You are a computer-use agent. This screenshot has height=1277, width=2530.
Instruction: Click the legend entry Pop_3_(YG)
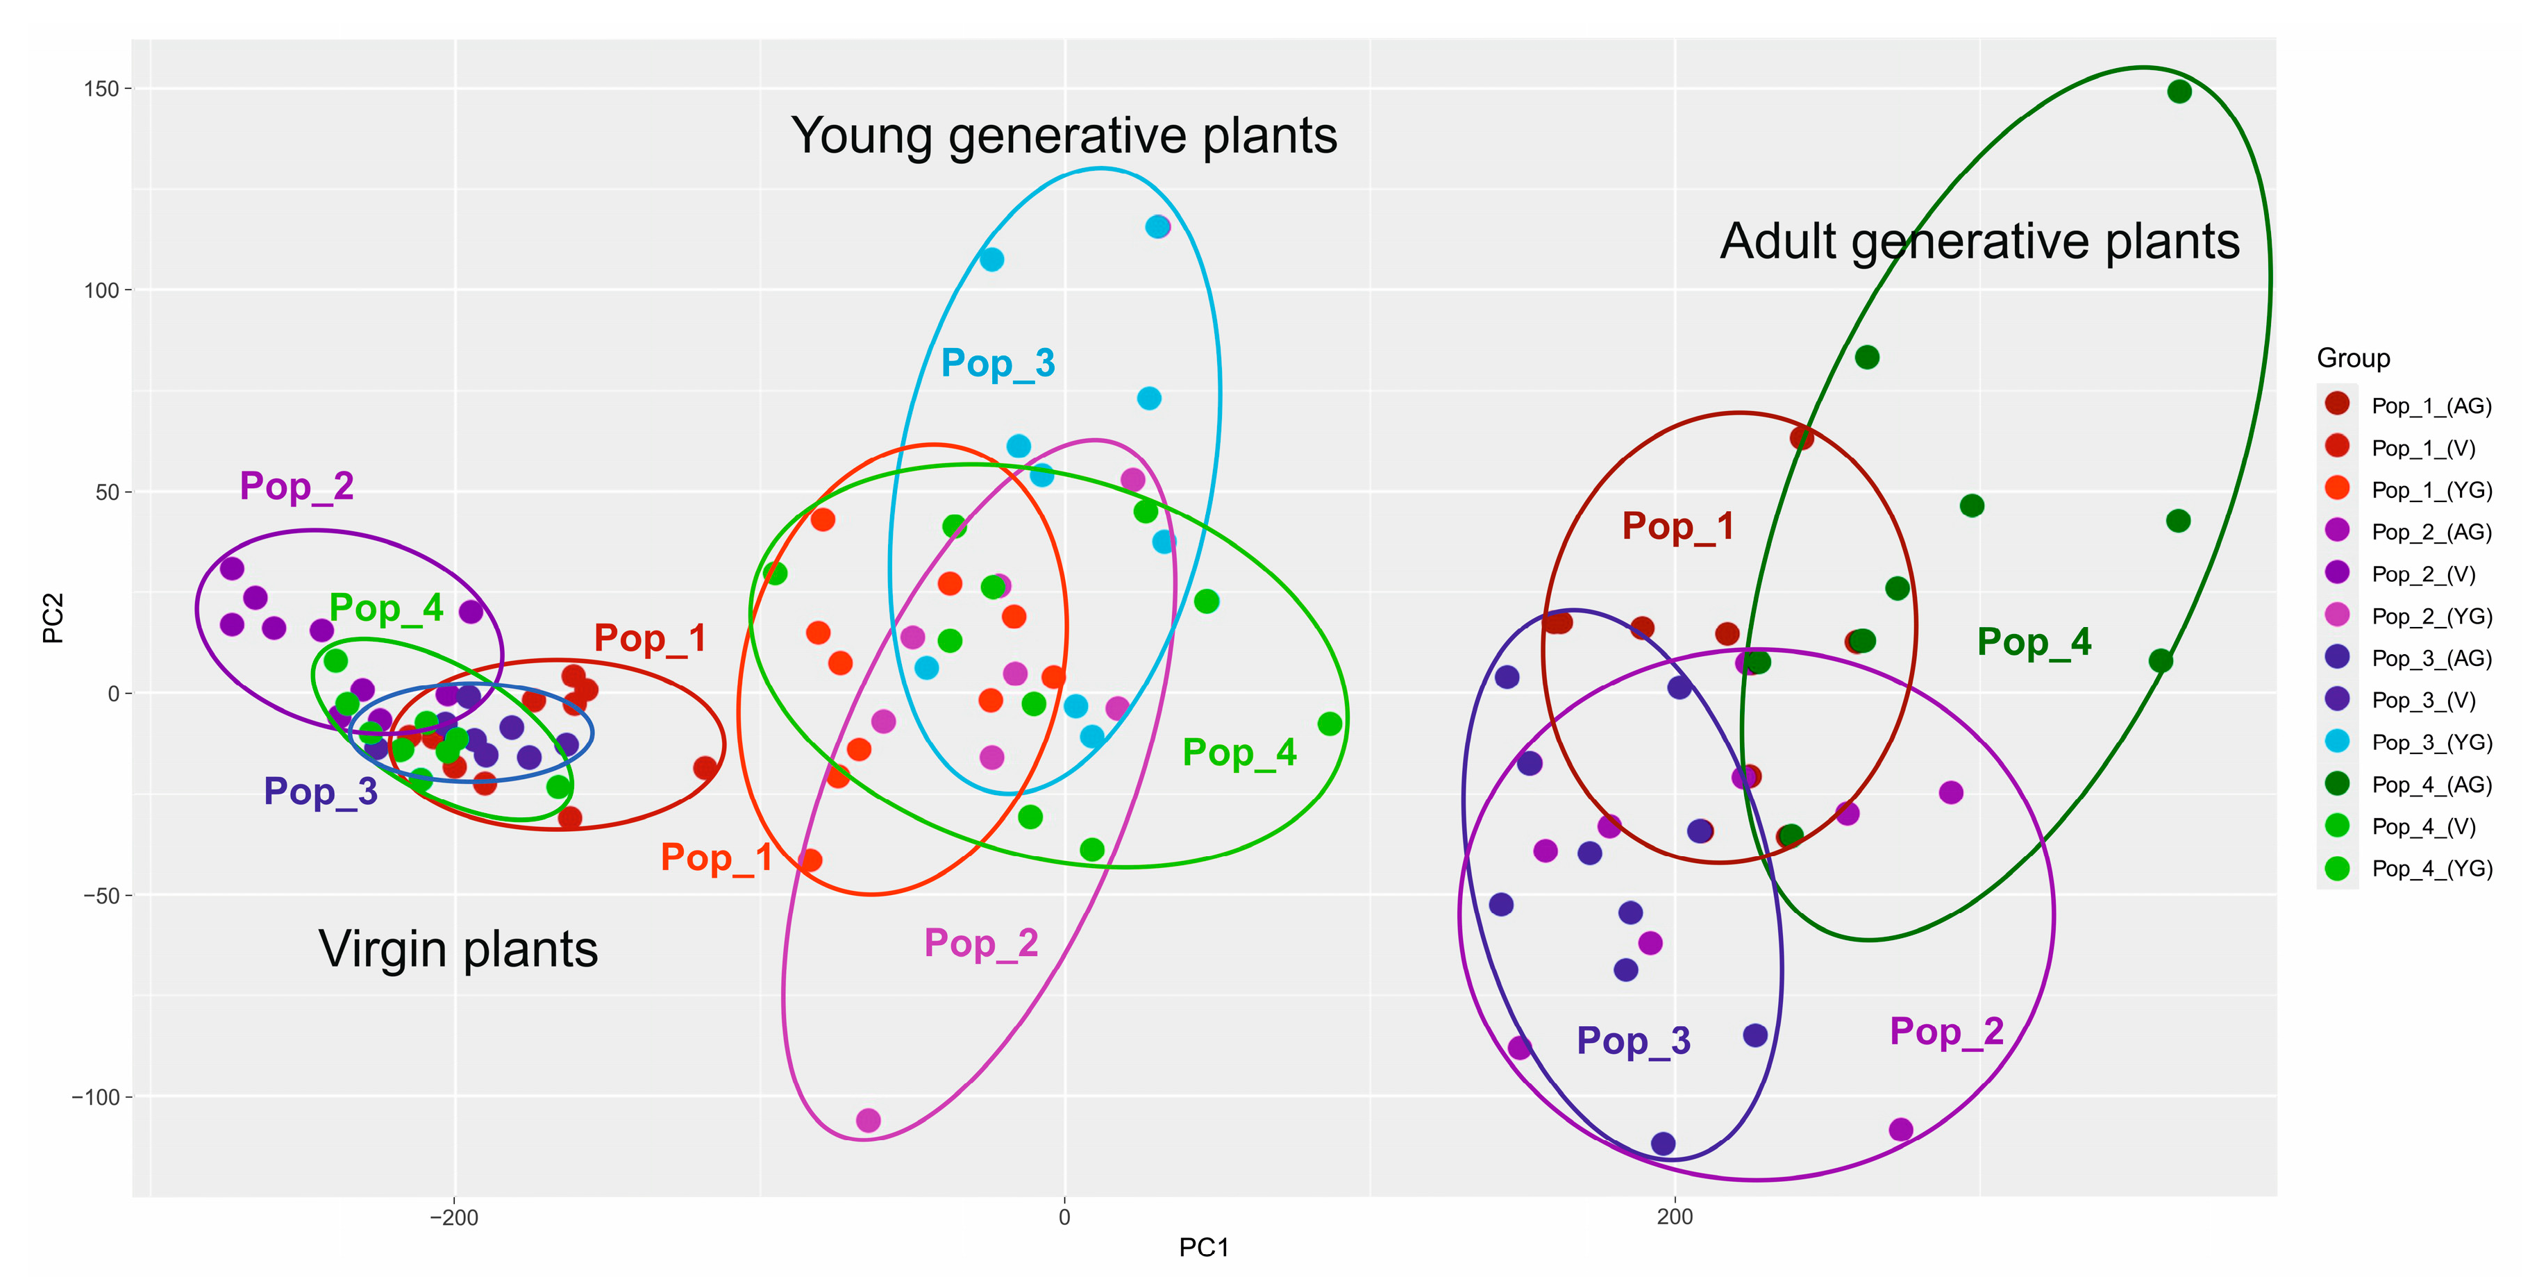[2431, 742]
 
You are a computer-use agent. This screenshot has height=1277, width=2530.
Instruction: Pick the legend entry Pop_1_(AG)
[2431, 406]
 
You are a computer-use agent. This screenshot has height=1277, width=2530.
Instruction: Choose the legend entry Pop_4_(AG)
[2431, 785]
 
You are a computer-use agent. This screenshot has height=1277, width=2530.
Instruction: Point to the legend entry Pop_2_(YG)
[2431, 617]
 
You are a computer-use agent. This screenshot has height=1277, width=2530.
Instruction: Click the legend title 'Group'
[2352, 358]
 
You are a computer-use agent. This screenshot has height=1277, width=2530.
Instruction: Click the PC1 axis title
[1204, 1249]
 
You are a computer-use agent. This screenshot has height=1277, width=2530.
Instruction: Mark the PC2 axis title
[53, 618]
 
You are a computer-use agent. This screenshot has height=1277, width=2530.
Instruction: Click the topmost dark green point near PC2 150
[2179, 92]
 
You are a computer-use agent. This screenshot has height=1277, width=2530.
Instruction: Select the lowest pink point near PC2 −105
[869, 1121]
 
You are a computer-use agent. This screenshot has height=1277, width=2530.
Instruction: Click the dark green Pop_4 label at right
[2034, 642]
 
